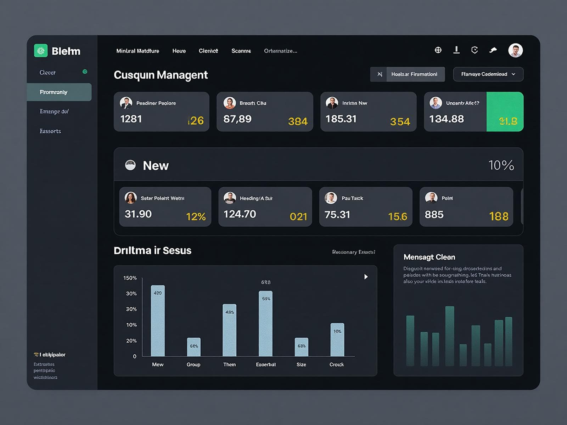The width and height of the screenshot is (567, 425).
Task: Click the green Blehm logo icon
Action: coord(41,51)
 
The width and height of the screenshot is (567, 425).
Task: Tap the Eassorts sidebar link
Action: coord(50,131)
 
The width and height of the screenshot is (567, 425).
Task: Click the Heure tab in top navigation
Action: coord(179,51)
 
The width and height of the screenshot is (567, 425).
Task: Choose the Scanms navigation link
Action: coord(241,51)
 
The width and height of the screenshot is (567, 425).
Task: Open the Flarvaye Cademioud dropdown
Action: coord(488,74)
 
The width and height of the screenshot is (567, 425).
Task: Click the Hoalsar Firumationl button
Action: coord(414,74)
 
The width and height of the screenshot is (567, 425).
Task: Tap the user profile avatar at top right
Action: coord(515,50)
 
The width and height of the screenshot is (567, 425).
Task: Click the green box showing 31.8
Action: coord(505,112)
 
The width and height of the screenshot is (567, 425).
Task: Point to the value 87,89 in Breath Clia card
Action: coord(237,119)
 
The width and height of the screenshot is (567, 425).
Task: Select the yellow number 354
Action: coord(400,122)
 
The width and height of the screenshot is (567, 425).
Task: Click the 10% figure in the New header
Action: coord(501,165)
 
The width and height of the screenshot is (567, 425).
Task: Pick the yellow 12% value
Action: coord(196,216)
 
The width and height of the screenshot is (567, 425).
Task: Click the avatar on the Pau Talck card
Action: coord(331,198)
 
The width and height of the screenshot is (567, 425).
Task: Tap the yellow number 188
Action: coord(499,216)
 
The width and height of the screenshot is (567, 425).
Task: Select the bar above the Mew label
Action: coord(158,321)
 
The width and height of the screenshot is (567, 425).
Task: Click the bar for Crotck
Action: coord(337,339)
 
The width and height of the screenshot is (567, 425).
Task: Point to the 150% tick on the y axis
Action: coord(130,278)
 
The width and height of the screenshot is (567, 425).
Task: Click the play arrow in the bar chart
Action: coord(366,277)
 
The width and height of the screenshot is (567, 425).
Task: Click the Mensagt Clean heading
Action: coord(429,257)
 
